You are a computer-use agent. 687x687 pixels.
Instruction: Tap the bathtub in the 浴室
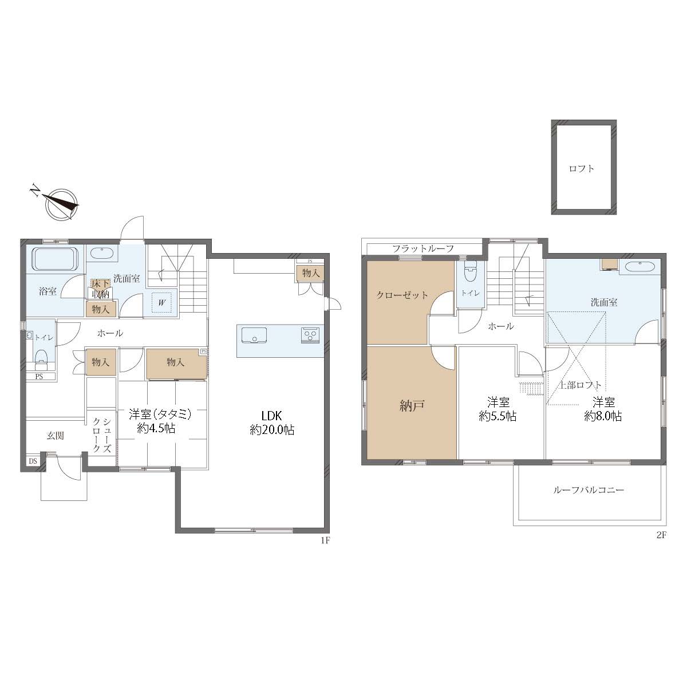[55, 258]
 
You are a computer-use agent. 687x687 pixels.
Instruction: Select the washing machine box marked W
[162, 303]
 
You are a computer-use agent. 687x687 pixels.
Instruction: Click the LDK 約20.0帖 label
[272, 423]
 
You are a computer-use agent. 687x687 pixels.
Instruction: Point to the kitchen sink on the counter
[254, 335]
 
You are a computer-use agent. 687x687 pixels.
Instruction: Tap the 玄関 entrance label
[56, 436]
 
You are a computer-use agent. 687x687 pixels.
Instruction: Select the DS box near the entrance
[33, 461]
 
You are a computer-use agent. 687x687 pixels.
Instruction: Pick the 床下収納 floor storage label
[101, 289]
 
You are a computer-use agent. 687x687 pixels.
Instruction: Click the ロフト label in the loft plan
[582, 169]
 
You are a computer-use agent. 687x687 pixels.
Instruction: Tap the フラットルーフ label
[423, 248]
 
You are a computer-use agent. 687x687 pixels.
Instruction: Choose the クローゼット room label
[402, 295]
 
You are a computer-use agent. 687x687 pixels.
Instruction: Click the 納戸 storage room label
[412, 406]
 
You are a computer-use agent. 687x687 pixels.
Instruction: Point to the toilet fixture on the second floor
[471, 273]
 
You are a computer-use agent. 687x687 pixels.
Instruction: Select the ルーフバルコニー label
[589, 490]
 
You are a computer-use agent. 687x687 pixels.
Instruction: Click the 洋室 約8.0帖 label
[603, 409]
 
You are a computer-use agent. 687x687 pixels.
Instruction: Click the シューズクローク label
[101, 435]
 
